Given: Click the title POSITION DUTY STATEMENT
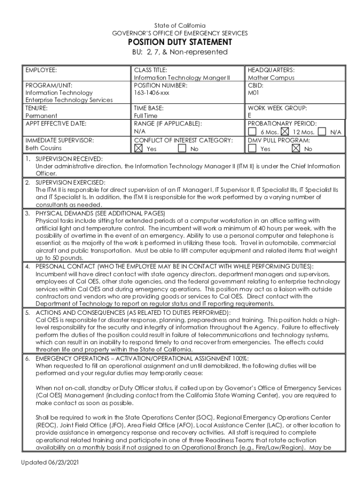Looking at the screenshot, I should (180, 43).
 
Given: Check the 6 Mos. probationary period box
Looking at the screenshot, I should (252, 132).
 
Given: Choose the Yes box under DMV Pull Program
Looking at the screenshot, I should (252, 149).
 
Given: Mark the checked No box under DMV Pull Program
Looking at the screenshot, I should (295, 149).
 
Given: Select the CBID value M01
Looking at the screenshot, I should (253, 93).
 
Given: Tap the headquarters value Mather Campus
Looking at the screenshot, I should (271, 78).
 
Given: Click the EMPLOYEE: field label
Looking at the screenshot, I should (41, 70).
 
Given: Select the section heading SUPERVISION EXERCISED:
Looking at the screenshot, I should (71, 182).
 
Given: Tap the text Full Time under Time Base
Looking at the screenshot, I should (146, 116).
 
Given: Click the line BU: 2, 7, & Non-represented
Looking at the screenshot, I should (180, 52).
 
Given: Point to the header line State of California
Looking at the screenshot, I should (180, 25).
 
